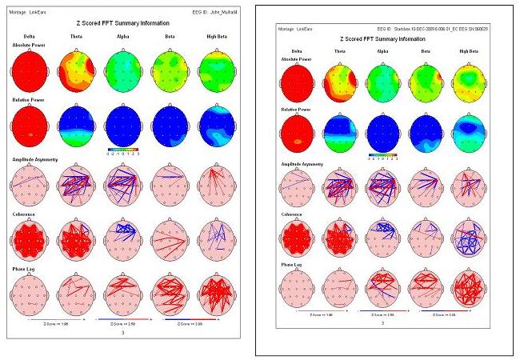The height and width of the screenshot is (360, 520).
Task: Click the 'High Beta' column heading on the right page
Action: pos(469,50)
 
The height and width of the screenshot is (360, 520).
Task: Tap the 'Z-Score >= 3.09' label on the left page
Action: pos(188,324)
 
